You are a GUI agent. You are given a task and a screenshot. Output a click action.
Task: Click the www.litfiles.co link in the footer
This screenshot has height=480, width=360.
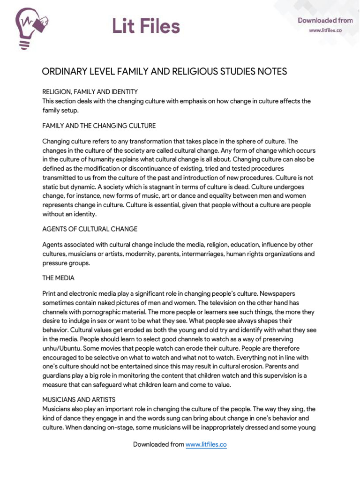[x=206, y=444]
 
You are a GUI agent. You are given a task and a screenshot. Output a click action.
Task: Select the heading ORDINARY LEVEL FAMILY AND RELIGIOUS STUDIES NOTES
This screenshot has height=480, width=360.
[x=164, y=72]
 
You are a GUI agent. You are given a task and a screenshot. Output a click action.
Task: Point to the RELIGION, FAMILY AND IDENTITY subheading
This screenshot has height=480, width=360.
[x=90, y=92]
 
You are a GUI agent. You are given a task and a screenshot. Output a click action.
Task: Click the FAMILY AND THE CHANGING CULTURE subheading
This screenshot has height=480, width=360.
[x=99, y=126]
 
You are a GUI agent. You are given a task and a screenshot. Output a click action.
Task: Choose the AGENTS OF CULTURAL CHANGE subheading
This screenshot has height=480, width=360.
[x=90, y=229]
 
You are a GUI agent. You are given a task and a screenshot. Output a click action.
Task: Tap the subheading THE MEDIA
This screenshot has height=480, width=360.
[x=58, y=278]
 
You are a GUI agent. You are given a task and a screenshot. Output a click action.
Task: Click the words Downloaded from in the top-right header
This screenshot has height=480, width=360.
[x=325, y=20]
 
